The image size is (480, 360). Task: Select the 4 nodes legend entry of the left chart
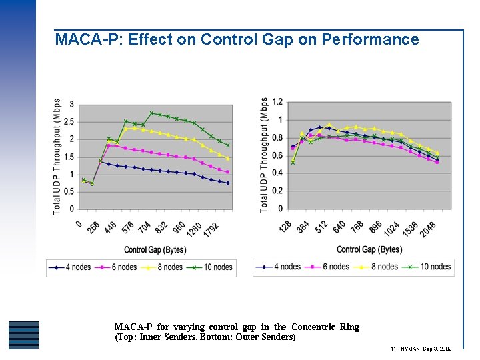(73, 267)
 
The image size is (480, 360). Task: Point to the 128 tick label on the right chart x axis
(285, 227)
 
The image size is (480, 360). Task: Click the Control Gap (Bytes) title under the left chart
(154, 249)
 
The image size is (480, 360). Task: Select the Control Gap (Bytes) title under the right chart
(369, 249)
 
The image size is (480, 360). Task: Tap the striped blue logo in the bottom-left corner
(23, 335)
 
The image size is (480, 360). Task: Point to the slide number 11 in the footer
(394, 349)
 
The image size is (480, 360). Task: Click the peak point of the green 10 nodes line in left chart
(151, 113)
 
